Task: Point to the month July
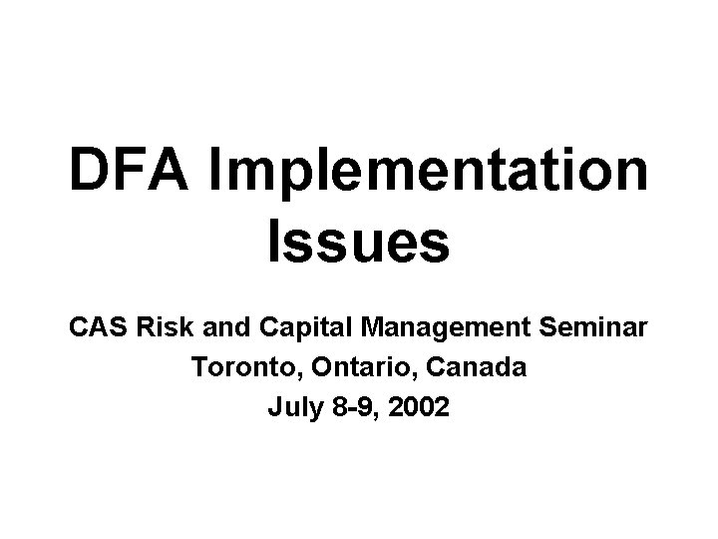click(292, 408)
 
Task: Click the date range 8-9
click(356, 407)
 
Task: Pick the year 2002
click(422, 407)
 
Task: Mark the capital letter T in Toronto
click(196, 367)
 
